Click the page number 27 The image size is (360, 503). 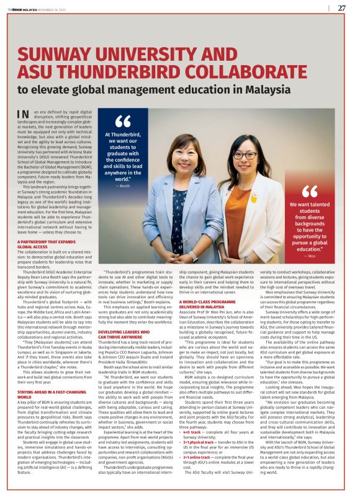coord(342,8)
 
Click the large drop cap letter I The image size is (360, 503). coord(24,114)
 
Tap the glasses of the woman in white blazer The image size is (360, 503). coord(246,155)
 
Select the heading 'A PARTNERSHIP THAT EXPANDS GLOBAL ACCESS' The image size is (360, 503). coord(43,244)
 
